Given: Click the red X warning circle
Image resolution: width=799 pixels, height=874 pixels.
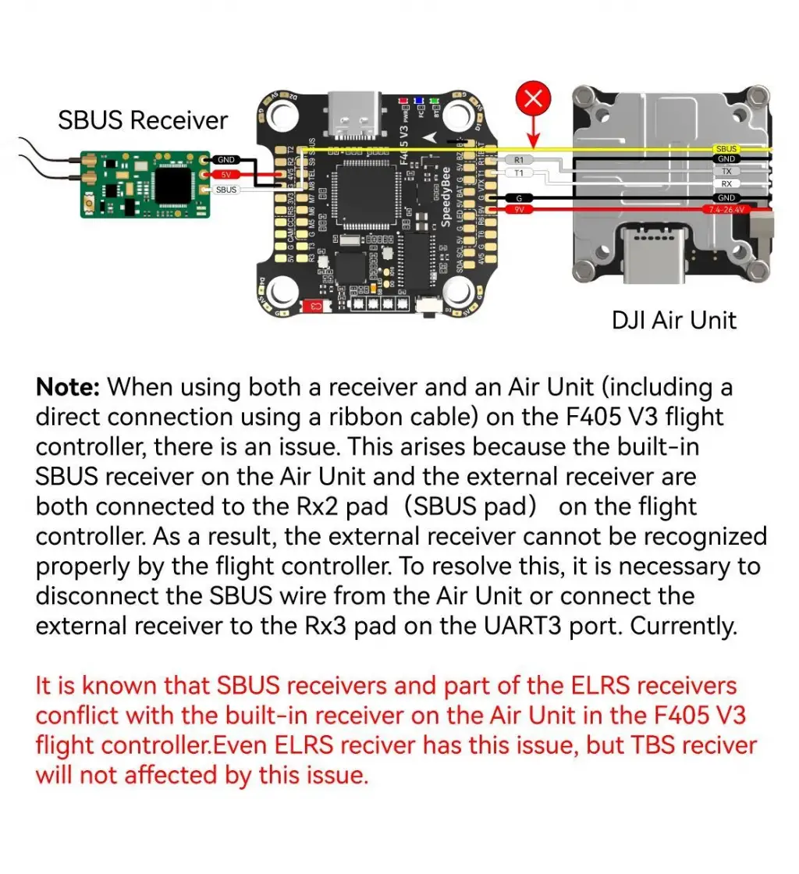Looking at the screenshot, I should coord(534,98).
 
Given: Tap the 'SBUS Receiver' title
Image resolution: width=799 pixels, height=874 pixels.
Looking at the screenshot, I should coord(143,120).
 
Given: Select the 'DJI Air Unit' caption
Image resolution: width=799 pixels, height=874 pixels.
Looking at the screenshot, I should coord(674,319).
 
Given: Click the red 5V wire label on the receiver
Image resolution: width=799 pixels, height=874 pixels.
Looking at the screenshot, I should coord(226,174).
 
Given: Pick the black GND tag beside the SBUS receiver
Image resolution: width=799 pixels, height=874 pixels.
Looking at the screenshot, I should coord(226,159).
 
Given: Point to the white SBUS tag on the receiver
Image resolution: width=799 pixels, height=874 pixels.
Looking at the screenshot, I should coord(226,190).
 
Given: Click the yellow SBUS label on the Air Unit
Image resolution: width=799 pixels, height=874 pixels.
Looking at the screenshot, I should coord(726,148).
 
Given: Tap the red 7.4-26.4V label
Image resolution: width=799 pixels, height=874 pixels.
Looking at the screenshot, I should coord(725,209).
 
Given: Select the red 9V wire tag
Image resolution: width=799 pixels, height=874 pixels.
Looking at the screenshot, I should coord(519,209).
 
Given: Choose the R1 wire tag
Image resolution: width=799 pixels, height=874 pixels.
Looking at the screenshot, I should coord(519,160).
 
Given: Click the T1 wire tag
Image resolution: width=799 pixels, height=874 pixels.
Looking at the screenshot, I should coord(519,172).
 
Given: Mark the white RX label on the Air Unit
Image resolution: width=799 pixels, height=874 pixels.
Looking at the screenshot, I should coord(726,183).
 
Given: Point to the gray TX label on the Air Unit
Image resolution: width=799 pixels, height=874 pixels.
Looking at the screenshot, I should coord(726,171).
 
